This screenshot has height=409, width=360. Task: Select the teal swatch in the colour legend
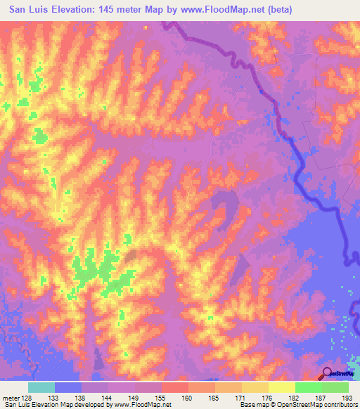pyautogui.click(x=41, y=387)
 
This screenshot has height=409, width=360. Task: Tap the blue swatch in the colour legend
pyautogui.click(x=68, y=387)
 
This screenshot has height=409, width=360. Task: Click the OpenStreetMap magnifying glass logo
pyautogui.click(x=328, y=374)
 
